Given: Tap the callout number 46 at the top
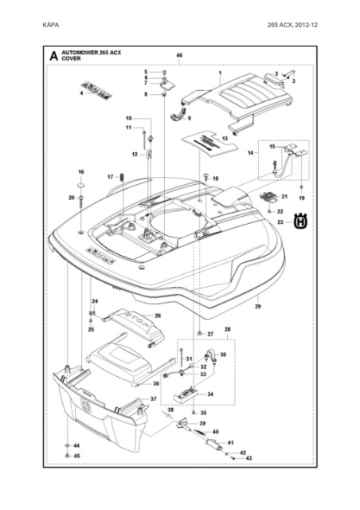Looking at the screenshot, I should (x=179, y=56).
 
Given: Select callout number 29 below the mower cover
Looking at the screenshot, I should (x=257, y=306).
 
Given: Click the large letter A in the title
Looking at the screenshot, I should (x=53, y=57).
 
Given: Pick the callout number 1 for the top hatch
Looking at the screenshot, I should (x=219, y=72).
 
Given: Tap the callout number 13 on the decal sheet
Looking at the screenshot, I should (x=225, y=139).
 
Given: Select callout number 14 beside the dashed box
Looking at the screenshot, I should (x=252, y=152).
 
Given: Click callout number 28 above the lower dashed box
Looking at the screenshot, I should (x=228, y=328).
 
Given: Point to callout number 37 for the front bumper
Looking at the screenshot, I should (x=154, y=398).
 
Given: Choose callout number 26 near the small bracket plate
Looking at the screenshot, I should (x=158, y=316).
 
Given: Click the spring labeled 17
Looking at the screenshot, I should (x=122, y=177).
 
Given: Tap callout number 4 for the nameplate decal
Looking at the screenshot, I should (x=81, y=93).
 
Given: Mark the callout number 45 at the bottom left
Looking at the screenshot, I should (x=77, y=456).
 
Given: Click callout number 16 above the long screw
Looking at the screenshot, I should (x=80, y=172).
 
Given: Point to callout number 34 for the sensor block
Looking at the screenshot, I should (x=210, y=394).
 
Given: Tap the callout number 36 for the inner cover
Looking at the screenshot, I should (x=156, y=383).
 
